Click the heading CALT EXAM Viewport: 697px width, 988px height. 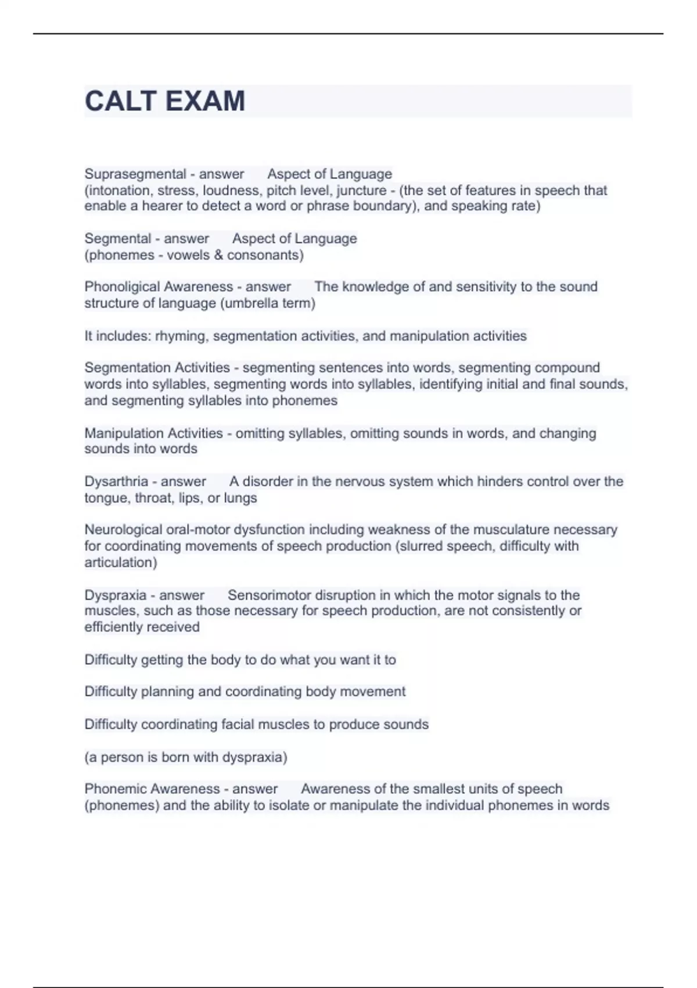(x=165, y=101)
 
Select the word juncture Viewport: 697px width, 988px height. (x=361, y=190)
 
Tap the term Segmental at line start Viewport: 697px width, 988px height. (x=117, y=238)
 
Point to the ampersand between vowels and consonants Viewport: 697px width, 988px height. (x=218, y=255)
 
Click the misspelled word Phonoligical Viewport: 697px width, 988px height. (x=121, y=287)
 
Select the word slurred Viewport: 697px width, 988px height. (x=421, y=546)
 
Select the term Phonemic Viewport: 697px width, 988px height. (x=114, y=789)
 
